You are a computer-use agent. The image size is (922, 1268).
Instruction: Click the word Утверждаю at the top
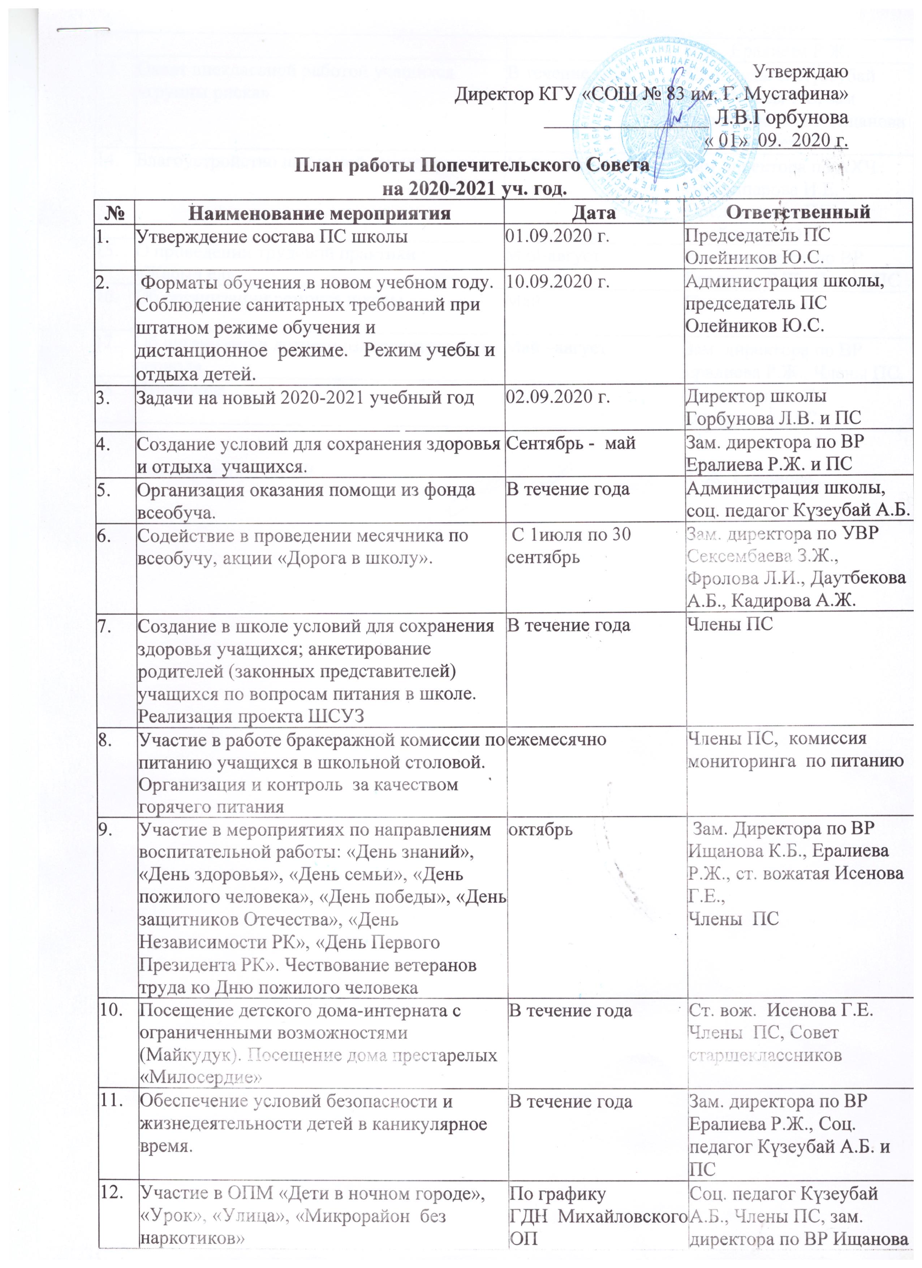click(x=801, y=72)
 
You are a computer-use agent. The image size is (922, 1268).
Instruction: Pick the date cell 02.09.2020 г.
click(x=557, y=397)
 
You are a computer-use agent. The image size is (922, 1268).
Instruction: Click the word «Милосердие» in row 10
click(x=201, y=1077)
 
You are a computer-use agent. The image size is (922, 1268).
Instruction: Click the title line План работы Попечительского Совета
click(x=473, y=165)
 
